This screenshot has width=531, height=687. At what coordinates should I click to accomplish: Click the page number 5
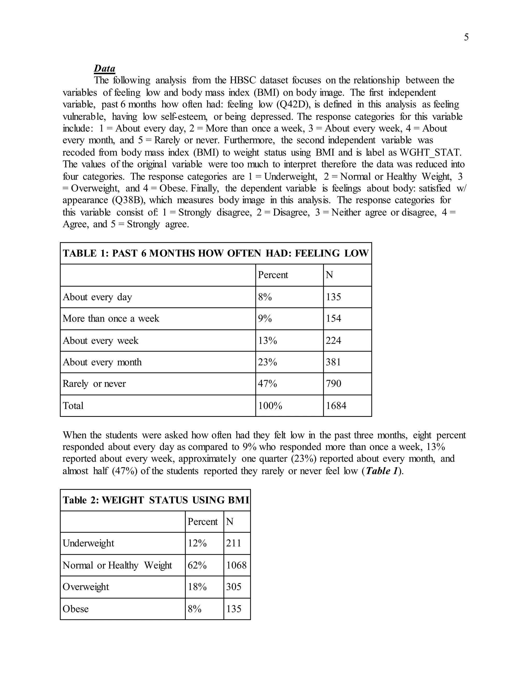click(x=466, y=37)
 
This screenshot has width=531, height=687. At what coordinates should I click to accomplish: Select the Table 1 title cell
click(x=215, y=253)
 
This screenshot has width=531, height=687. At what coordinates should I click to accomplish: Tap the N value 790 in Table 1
click(x=333, y=383)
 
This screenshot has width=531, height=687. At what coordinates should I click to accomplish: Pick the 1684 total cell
click(x=336, y=405)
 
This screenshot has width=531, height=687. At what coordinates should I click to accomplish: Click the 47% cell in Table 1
click(x=267, y=383)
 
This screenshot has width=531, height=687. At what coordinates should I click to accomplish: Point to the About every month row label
click(x=102, y=362)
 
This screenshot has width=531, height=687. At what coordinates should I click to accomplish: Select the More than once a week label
click(x=111, y=318)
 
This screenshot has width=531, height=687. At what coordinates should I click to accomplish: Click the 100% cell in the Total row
click(x=270, y=405)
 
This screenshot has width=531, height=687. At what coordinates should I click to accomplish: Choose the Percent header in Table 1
click(x=273, y=275)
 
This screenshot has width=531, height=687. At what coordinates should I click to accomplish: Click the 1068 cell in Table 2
click(x=236, y=565)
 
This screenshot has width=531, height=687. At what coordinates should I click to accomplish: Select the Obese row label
click(x=75, y=609)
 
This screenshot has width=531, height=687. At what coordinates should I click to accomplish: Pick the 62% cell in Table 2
click(x=197, y=565)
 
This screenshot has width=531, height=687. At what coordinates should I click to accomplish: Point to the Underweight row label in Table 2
click(x=88, y=543)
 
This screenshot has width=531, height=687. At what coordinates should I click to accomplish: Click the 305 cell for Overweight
click(x=233, y=587)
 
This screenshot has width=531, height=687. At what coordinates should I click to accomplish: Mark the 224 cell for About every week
click(x=333, y=340)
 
